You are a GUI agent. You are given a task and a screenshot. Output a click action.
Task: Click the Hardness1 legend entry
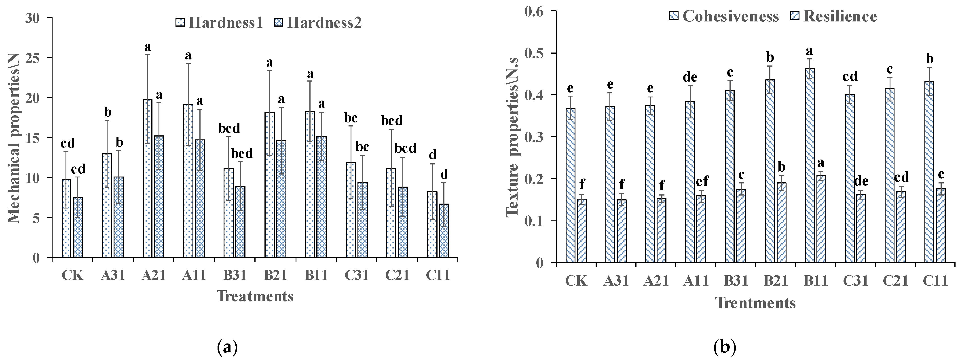(x=219, y=23)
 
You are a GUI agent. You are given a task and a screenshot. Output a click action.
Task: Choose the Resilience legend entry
(x=833, y=16)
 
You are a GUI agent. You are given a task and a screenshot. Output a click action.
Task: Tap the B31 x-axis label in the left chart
(x=235, y=275)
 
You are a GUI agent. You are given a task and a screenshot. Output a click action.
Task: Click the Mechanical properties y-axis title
(x=14, y=138)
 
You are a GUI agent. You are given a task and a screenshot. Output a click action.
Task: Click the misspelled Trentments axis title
(x=755, y=303)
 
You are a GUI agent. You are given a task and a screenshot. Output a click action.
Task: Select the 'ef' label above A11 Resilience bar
(x=702, y=181)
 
